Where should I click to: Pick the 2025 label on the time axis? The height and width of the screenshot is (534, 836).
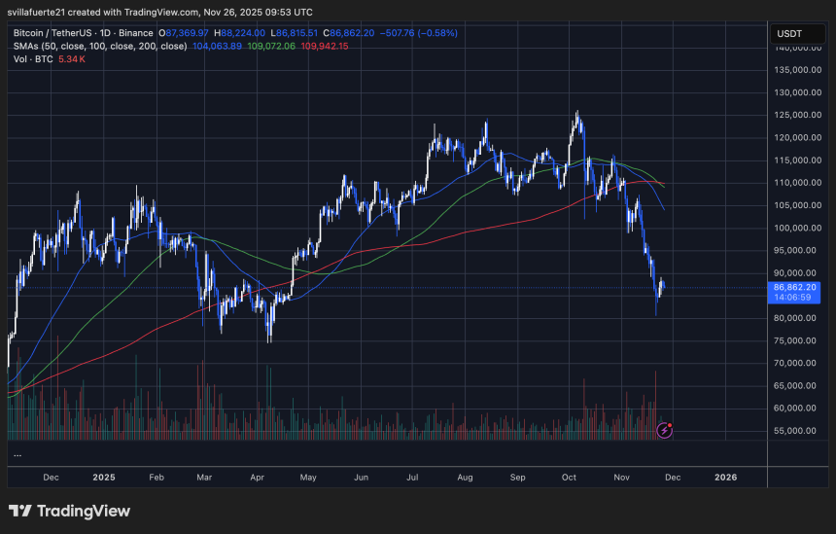(104, 478)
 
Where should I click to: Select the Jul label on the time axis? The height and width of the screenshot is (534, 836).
(414, 478)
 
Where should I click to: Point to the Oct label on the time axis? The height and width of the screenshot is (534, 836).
(570, 478)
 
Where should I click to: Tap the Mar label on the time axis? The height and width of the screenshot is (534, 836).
(204, 478)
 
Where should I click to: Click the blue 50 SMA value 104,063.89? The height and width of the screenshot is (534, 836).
(219, 46)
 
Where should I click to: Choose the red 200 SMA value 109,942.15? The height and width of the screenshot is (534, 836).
(325, 46)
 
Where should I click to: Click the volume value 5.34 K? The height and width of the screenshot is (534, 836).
(73, 58)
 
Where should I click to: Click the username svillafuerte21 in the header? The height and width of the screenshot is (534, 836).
(41, 12)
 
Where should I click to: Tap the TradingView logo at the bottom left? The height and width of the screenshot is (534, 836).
(69, 511)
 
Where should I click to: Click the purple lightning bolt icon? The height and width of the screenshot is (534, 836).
(665, 429)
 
